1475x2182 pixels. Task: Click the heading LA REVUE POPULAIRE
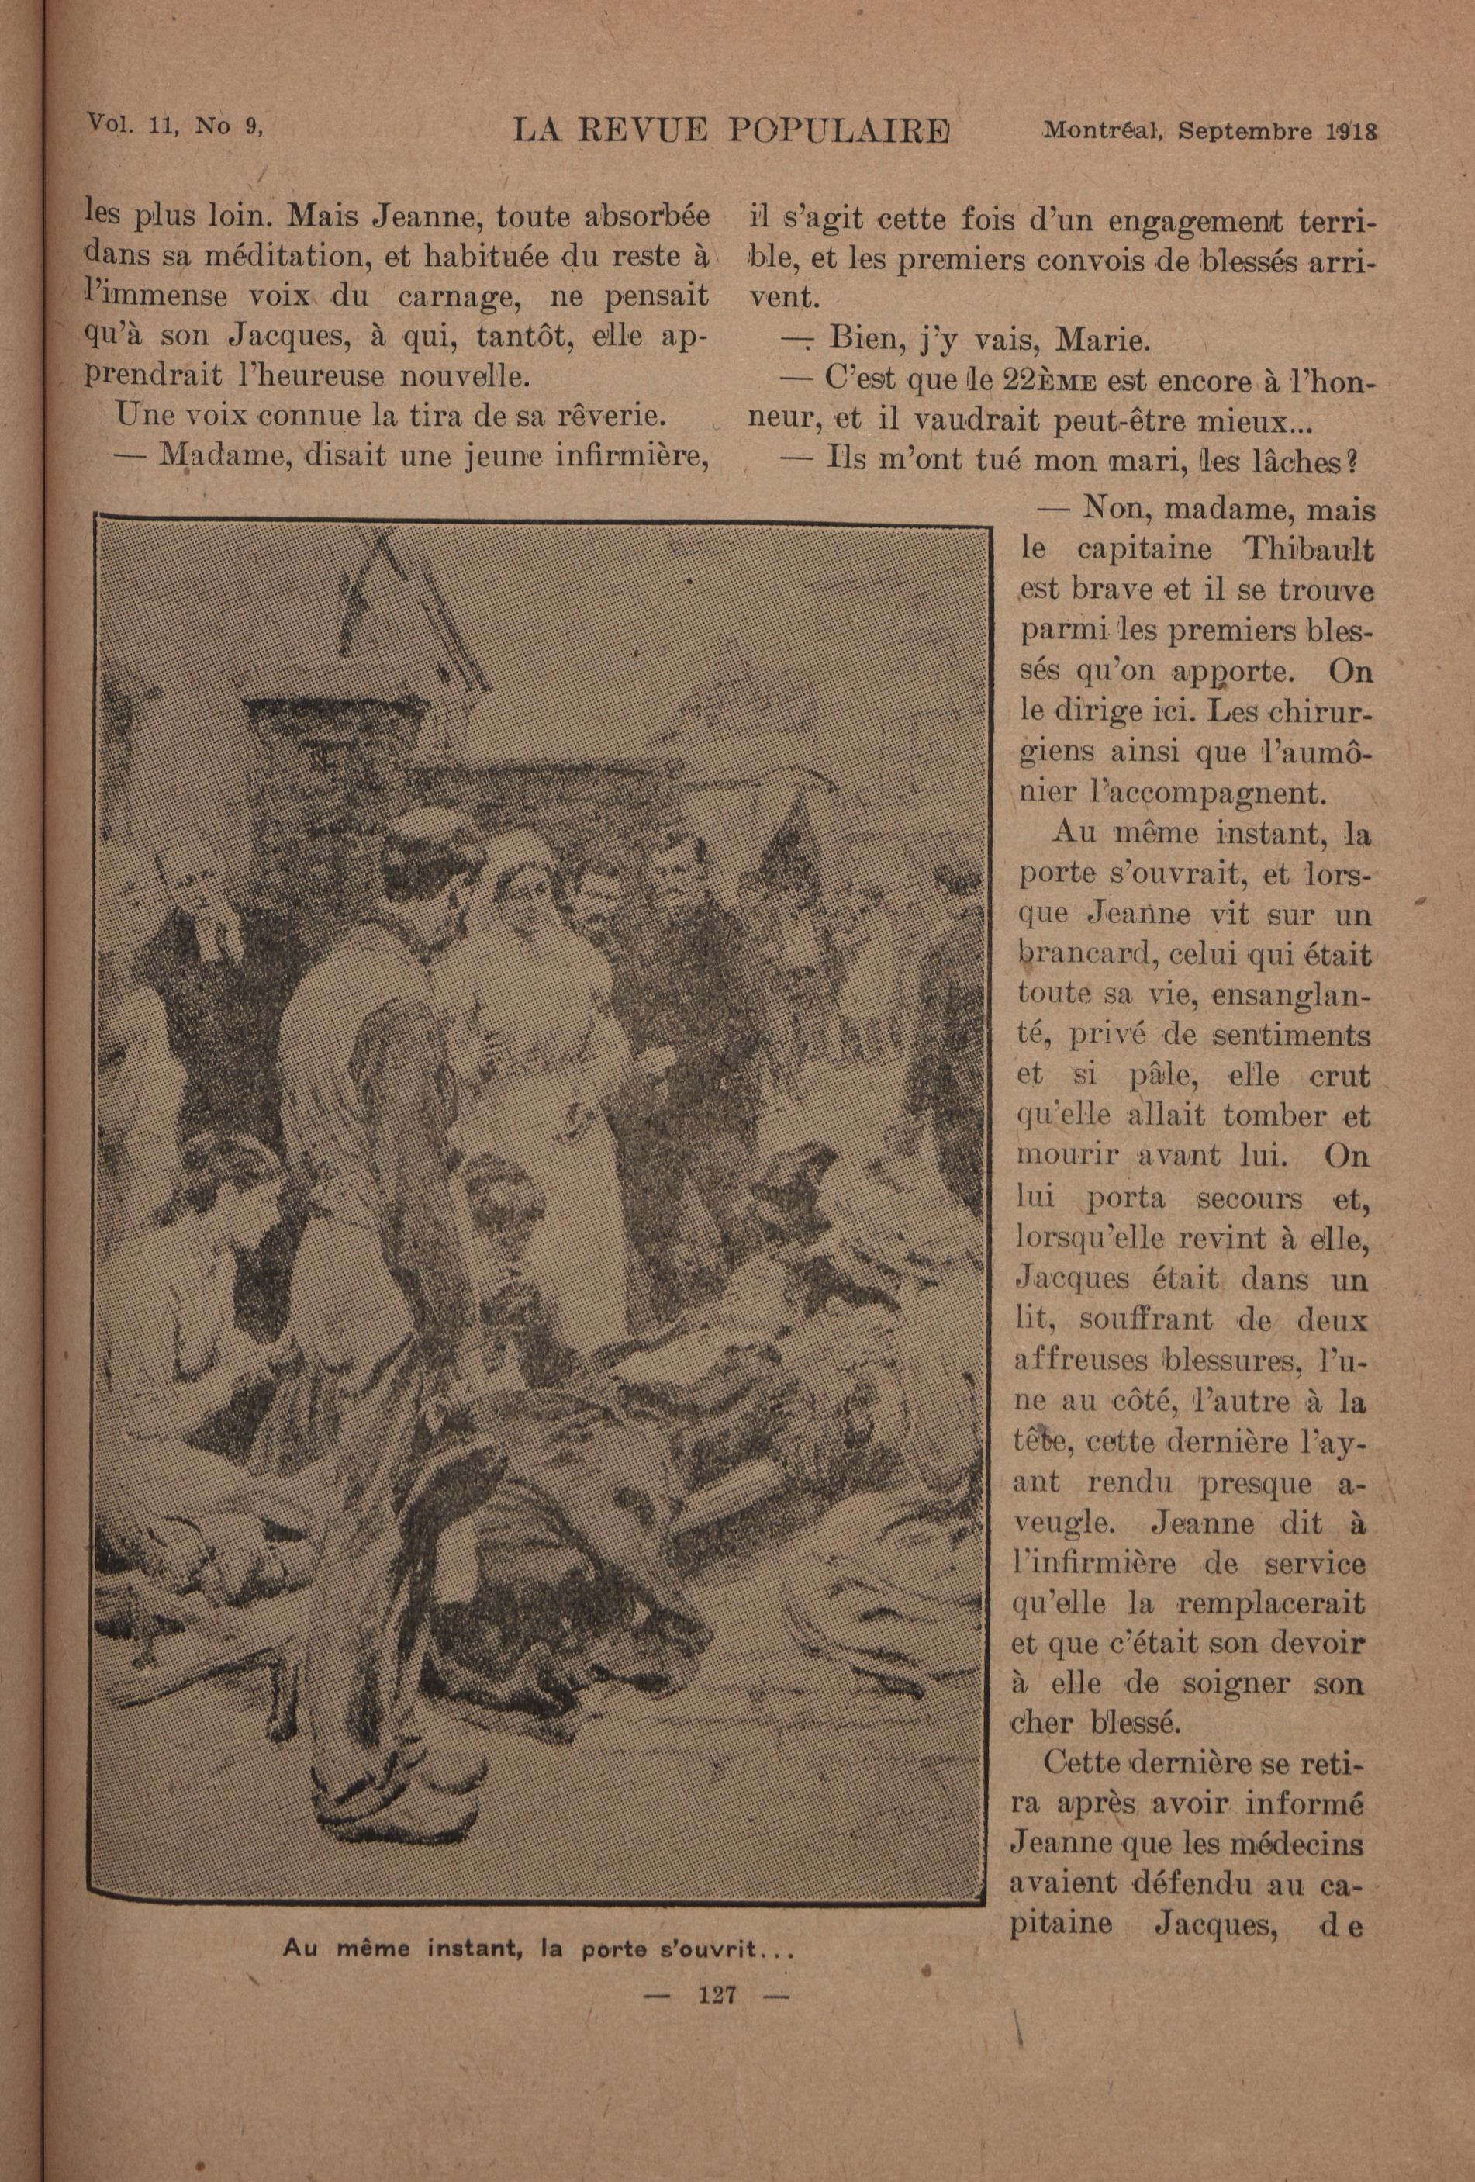click(x=731, y=131)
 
